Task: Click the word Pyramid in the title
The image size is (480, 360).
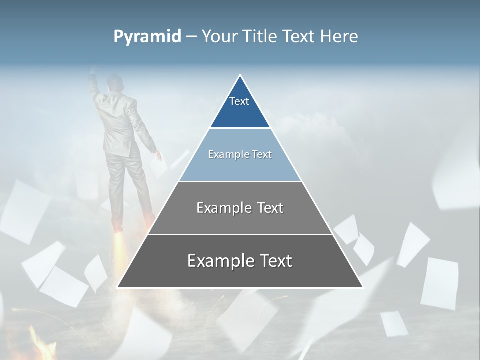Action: (x=147, y=37)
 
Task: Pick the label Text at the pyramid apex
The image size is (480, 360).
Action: (x=239, y=101)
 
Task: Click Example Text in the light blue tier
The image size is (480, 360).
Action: (x=240, y=154)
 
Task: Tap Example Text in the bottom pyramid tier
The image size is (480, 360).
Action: (x=240, y=261)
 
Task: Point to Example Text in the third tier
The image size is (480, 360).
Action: (x=240, y=208)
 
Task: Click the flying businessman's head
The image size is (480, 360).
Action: (x=115, y=82)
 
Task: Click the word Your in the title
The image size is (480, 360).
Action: (x=219, y=37)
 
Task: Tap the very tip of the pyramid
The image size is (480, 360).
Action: (x=240, y=76)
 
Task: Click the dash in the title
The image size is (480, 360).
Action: (x=191, y=37)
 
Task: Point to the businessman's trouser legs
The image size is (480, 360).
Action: (x=127, y=185)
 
